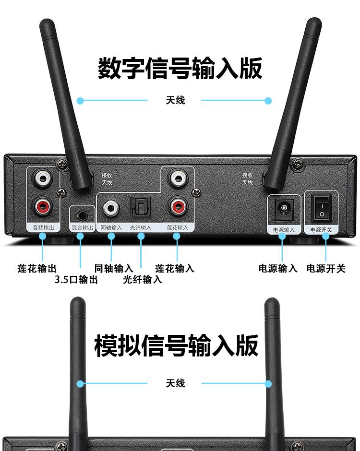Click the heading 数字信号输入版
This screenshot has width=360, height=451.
pos(180,68)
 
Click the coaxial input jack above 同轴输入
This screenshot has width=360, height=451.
pos(111,207)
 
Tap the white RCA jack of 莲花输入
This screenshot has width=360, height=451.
pos(177,179)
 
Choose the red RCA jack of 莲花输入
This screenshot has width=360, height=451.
pos(177,207)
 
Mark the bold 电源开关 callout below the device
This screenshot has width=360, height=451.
pos(326,268)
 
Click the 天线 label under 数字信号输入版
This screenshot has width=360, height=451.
pos(175,100)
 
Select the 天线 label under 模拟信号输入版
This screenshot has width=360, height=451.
pos(175,383)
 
